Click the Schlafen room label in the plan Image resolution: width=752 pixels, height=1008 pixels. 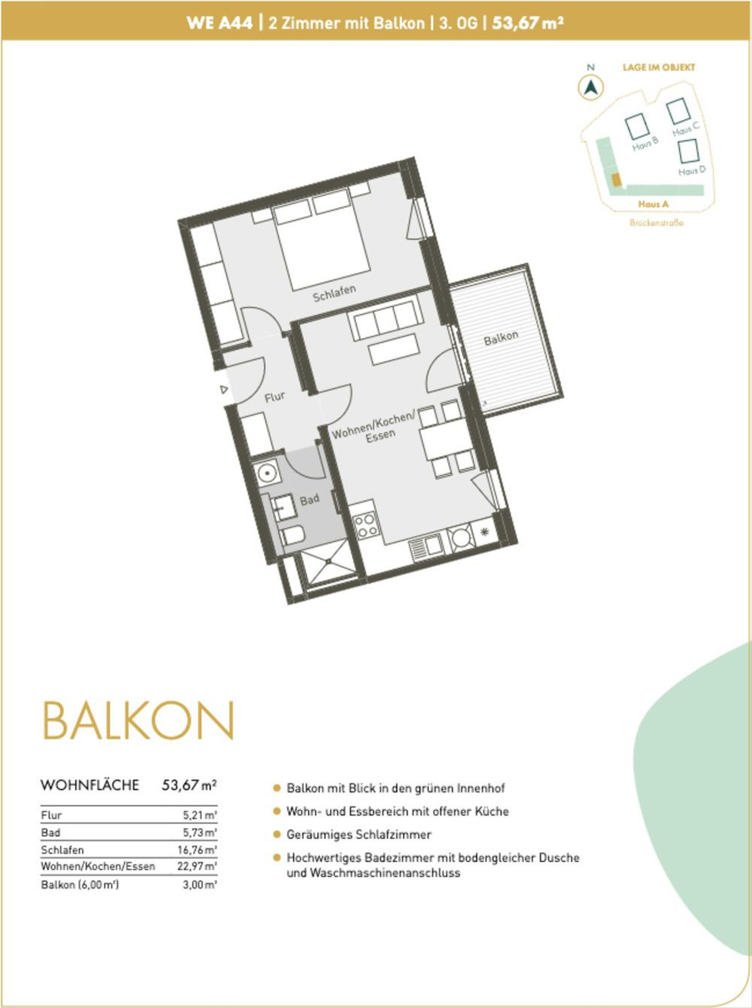(335, 293)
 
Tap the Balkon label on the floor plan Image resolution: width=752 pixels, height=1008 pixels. (501, 338)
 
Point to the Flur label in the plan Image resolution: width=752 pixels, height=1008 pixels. (274, 397)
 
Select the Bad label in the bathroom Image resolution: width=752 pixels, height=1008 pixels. (310, 500)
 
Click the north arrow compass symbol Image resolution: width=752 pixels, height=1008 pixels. (591, 87)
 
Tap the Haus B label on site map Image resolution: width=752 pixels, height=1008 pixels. (645, 143)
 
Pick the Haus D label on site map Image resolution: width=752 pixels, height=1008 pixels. (692, 171)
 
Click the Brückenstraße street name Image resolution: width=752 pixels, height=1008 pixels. (657, 223)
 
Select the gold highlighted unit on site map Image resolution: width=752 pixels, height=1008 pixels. (616, 180)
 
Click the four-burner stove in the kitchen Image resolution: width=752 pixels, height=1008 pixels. (366, 525)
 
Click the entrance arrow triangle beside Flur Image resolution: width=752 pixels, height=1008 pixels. (224, 390)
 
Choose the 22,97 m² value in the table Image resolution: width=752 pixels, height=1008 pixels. (197, 866)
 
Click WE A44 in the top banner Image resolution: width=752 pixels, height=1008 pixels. (219, 23)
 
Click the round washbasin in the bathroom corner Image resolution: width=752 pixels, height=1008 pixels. (266, 472)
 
